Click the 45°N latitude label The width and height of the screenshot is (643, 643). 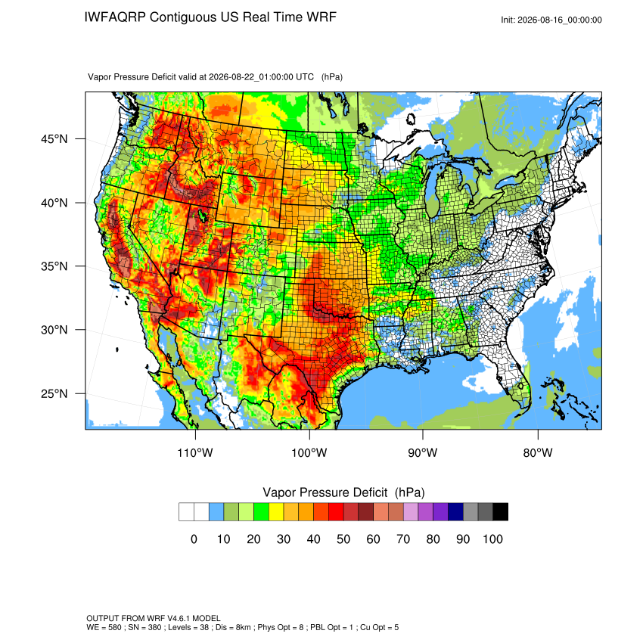pos(54,139)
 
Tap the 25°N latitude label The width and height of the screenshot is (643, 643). pos(54,393)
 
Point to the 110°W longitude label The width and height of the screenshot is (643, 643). pos(195,452)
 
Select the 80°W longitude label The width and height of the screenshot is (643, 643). pos(538,452)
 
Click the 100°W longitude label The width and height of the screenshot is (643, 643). pos(309,452)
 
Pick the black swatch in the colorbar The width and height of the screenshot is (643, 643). pos(500,512)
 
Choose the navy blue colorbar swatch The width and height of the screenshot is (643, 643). pos(455,512)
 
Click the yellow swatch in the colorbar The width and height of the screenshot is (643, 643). pos(276,512)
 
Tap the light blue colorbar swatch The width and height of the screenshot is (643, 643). pos(216,512)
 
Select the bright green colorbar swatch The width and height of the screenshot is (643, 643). pos(261,512)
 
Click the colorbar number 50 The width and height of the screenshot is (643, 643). pos(343,539)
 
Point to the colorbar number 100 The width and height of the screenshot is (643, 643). pos(492,539)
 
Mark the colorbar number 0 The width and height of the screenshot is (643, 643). pos(194,539)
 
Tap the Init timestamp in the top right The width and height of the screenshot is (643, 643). pos(551,20)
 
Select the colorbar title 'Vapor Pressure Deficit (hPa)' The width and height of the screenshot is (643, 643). pos(343,492)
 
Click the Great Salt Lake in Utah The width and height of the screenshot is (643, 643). pos(202,215)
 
